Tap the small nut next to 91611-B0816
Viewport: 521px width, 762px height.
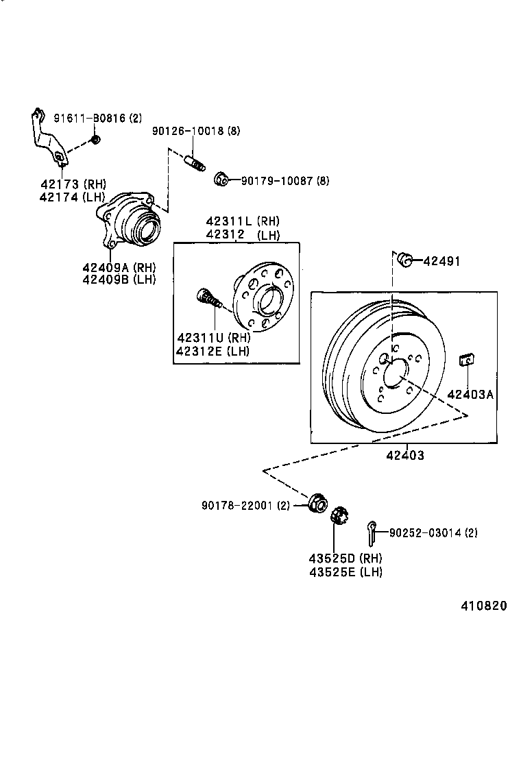tap(96, 140)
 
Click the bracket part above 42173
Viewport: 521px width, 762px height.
tap(47, 140)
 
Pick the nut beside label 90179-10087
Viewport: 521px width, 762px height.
tap(221, 180)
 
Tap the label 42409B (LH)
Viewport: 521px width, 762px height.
tap(119, 279)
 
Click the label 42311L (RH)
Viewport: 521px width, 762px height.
tap(243, 221)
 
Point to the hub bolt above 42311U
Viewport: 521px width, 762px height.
tap(208, 299)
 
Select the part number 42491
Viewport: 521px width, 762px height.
tap(441, 261)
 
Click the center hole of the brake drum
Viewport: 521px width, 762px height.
tap(394, 376)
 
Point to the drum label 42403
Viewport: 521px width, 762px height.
tap(405, 455)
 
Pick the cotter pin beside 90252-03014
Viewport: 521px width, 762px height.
tap(372, 528)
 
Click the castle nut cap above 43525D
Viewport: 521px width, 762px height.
tap(338, 516)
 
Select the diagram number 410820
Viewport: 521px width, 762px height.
tap(484, 606)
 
